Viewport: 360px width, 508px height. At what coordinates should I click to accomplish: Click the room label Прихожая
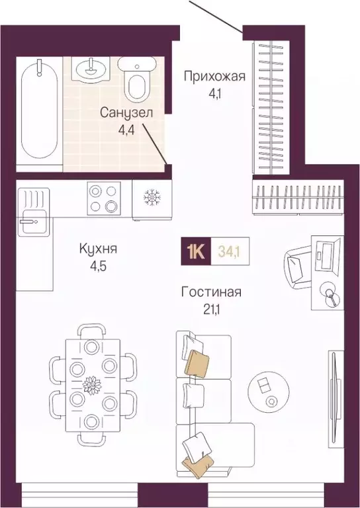(x=214, y=75)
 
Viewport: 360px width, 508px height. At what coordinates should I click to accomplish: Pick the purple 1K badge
(x=197, y=251)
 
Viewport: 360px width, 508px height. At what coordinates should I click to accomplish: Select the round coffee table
(x=268, y=390)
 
